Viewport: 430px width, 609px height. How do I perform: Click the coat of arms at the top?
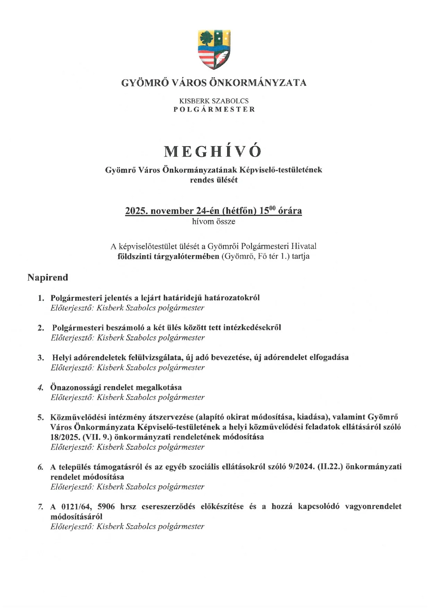coord(214,49)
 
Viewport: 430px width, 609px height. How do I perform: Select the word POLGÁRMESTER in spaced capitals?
coord(214,109)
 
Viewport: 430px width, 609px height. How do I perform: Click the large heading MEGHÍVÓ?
coord(213,151)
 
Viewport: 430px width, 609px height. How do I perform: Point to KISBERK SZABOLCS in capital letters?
coord(214,101)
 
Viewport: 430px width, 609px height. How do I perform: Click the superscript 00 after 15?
coord(272,208)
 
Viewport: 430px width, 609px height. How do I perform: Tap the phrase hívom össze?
coord(214,222)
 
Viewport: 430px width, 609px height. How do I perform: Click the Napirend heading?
coord(48,277)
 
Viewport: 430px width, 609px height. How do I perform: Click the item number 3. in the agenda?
coord(41,358)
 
